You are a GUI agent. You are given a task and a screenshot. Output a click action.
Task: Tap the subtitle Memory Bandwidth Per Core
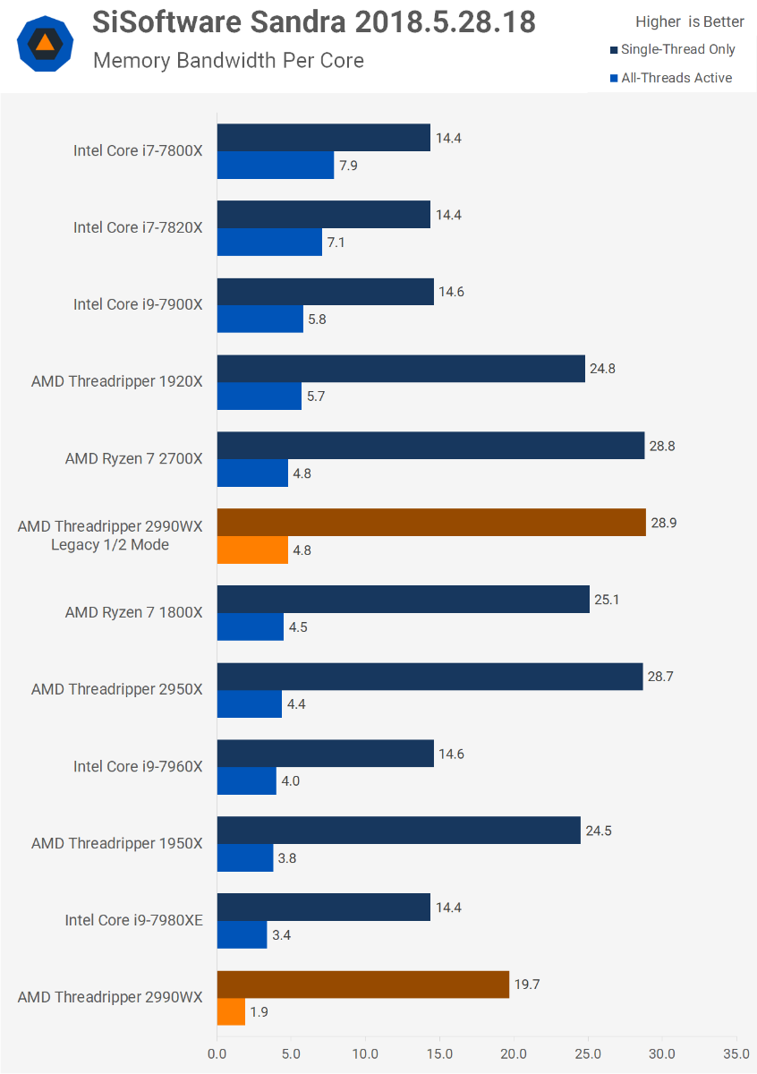228,61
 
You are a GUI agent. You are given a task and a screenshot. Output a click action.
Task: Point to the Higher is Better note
689,21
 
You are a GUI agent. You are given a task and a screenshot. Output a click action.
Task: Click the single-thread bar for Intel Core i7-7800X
323,138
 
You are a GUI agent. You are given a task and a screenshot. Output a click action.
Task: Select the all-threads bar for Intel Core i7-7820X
269,242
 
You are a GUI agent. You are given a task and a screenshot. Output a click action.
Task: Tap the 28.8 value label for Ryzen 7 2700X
663,446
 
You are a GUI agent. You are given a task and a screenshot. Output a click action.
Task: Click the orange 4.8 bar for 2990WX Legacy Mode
252,550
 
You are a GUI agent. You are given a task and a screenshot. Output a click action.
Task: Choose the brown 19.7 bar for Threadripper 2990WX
363,984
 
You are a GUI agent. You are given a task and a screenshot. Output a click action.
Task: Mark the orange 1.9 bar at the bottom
231,1011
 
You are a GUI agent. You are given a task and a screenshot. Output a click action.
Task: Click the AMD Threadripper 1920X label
117,381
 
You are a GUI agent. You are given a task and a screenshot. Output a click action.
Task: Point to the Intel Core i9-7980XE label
134,920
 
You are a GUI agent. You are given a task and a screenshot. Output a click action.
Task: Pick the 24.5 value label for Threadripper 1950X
600,831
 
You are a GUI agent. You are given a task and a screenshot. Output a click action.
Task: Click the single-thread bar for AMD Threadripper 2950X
430,677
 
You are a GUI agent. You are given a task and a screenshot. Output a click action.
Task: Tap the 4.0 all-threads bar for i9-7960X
247,780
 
